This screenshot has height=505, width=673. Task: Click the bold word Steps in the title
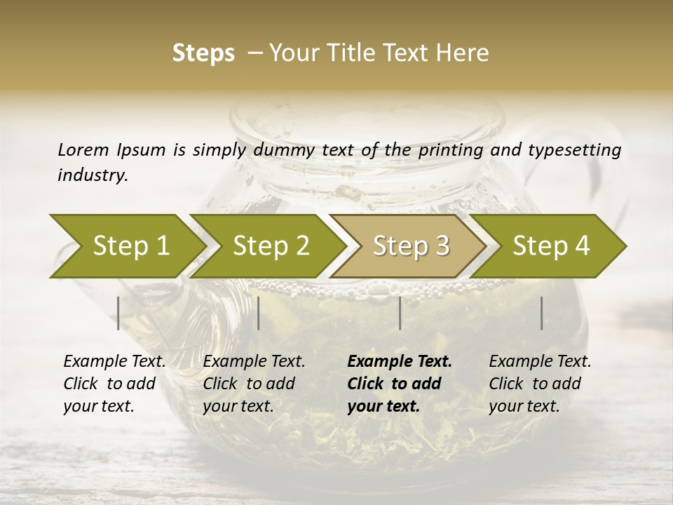[203, 53]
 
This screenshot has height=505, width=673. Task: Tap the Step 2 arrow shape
[271, 245]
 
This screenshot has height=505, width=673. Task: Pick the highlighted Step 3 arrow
[411, 245]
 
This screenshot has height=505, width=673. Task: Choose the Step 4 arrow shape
[551, 245]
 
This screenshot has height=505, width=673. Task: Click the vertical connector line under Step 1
[118, 313]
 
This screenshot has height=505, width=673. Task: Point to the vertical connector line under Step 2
[259, 313]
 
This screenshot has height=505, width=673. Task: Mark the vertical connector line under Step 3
[400, 313]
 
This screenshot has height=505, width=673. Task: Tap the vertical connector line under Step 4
[541, 313]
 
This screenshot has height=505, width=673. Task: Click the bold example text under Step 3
[400, 384]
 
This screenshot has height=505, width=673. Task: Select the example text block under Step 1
[114, 384]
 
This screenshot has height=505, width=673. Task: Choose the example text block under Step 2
[254, 384]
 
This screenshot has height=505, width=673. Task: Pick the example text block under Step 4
[540, 384]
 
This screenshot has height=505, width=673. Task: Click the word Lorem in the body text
[83, 149]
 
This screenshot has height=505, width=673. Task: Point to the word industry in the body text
[93, 175]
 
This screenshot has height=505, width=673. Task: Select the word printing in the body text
[451, 149]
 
